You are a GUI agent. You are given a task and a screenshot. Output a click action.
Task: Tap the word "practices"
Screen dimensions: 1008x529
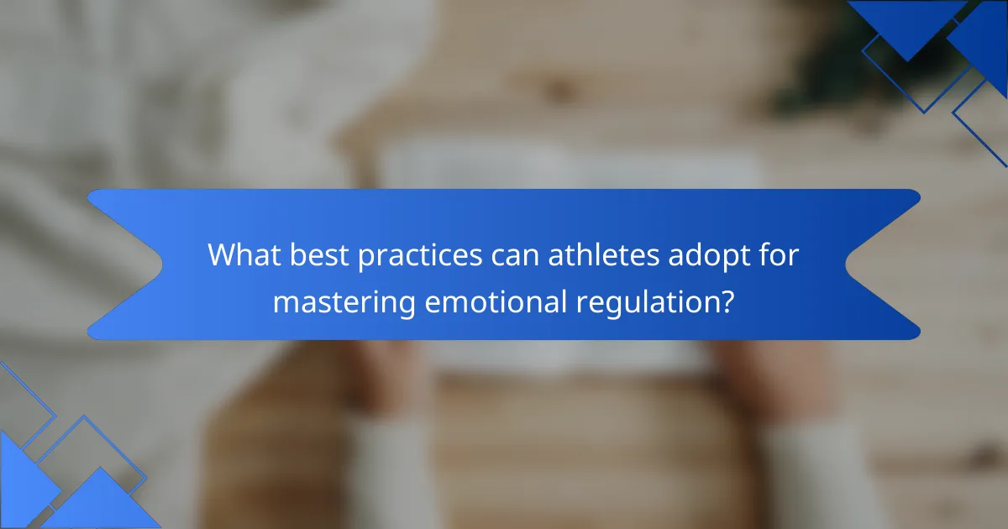point(420,257)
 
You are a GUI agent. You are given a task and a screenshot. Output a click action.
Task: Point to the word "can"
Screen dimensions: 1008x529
point(515,258)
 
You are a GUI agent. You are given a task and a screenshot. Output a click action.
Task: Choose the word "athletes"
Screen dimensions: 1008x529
point(603,255)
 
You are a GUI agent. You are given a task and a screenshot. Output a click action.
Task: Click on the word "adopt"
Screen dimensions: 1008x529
point(709,257)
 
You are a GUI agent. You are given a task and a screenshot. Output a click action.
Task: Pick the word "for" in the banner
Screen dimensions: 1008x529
point(779,255)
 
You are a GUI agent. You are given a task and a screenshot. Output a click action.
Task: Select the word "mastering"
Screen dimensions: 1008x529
point(344,304)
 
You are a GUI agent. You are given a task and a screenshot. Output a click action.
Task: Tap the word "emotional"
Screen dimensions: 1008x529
point(496,301)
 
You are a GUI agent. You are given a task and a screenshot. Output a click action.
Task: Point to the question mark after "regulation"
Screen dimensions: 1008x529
point(725,301)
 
